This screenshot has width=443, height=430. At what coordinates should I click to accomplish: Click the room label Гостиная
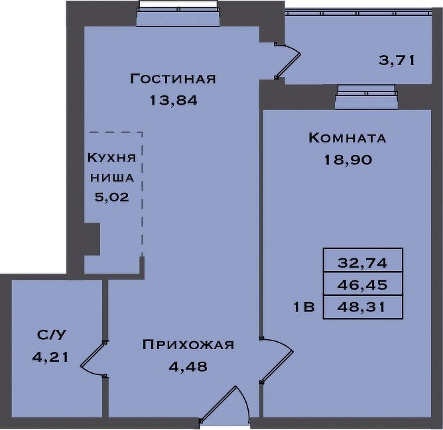click(172, 78)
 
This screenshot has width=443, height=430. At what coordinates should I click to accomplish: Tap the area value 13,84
click(173, 100)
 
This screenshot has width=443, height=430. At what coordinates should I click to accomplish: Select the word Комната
click(348, 138)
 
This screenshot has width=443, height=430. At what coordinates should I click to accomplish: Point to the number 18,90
click(348, 160)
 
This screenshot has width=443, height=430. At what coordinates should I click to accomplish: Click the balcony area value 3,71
click(397, 60)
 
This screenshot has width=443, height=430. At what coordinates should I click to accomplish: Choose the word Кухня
click(111, 157)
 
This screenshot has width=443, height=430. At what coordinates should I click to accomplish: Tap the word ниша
click(112, 178)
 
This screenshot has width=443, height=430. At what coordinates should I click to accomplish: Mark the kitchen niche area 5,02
click(112, 197)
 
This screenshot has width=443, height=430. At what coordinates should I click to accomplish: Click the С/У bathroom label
click(51, 335)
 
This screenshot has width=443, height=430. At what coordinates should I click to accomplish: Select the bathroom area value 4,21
click(50, 357)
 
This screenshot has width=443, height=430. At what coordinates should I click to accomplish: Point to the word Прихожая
click(188, 345)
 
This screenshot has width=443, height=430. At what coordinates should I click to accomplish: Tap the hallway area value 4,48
click(188, 366)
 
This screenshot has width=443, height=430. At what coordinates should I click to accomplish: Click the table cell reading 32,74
click(363, 263)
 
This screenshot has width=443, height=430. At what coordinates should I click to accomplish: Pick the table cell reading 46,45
click(363, 285)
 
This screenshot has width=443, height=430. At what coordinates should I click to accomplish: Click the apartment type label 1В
click(304, 307)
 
